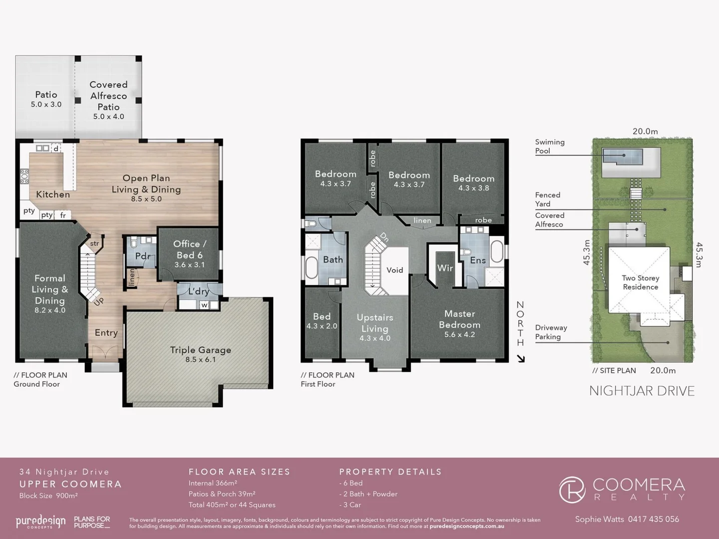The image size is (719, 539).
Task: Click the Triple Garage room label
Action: click(x=200, y=350)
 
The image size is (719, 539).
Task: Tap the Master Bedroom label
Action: click(x=459, y=319)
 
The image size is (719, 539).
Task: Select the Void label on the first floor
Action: click(x=394, y=270)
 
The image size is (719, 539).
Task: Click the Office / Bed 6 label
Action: click(x=189, y=249)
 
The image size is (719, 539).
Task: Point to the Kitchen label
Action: click(x=53, y=194)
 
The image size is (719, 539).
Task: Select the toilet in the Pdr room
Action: click(x=134, y=243)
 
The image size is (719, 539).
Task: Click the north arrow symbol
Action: click(x=521, y=358)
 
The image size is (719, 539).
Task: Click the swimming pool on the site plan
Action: click(x=622, y=157)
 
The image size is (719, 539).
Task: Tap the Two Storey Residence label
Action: click(x=640, y=282)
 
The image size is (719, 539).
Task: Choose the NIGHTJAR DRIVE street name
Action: click(x=642, y=391)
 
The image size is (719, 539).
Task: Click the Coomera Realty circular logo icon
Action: click(x=572, y=490)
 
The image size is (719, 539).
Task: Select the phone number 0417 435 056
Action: click(x=653, y=519)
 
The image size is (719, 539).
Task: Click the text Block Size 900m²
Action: click(x=48, y=496)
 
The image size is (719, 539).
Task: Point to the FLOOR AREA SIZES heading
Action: click(x=239, y=472)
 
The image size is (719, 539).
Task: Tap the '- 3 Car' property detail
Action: click(x=350, y=505)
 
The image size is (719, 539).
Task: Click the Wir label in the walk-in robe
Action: click(x=445, y=268)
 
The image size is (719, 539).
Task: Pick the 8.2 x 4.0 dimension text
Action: click(x=49, y=310)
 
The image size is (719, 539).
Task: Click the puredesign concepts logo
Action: click(x=40, y=522)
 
